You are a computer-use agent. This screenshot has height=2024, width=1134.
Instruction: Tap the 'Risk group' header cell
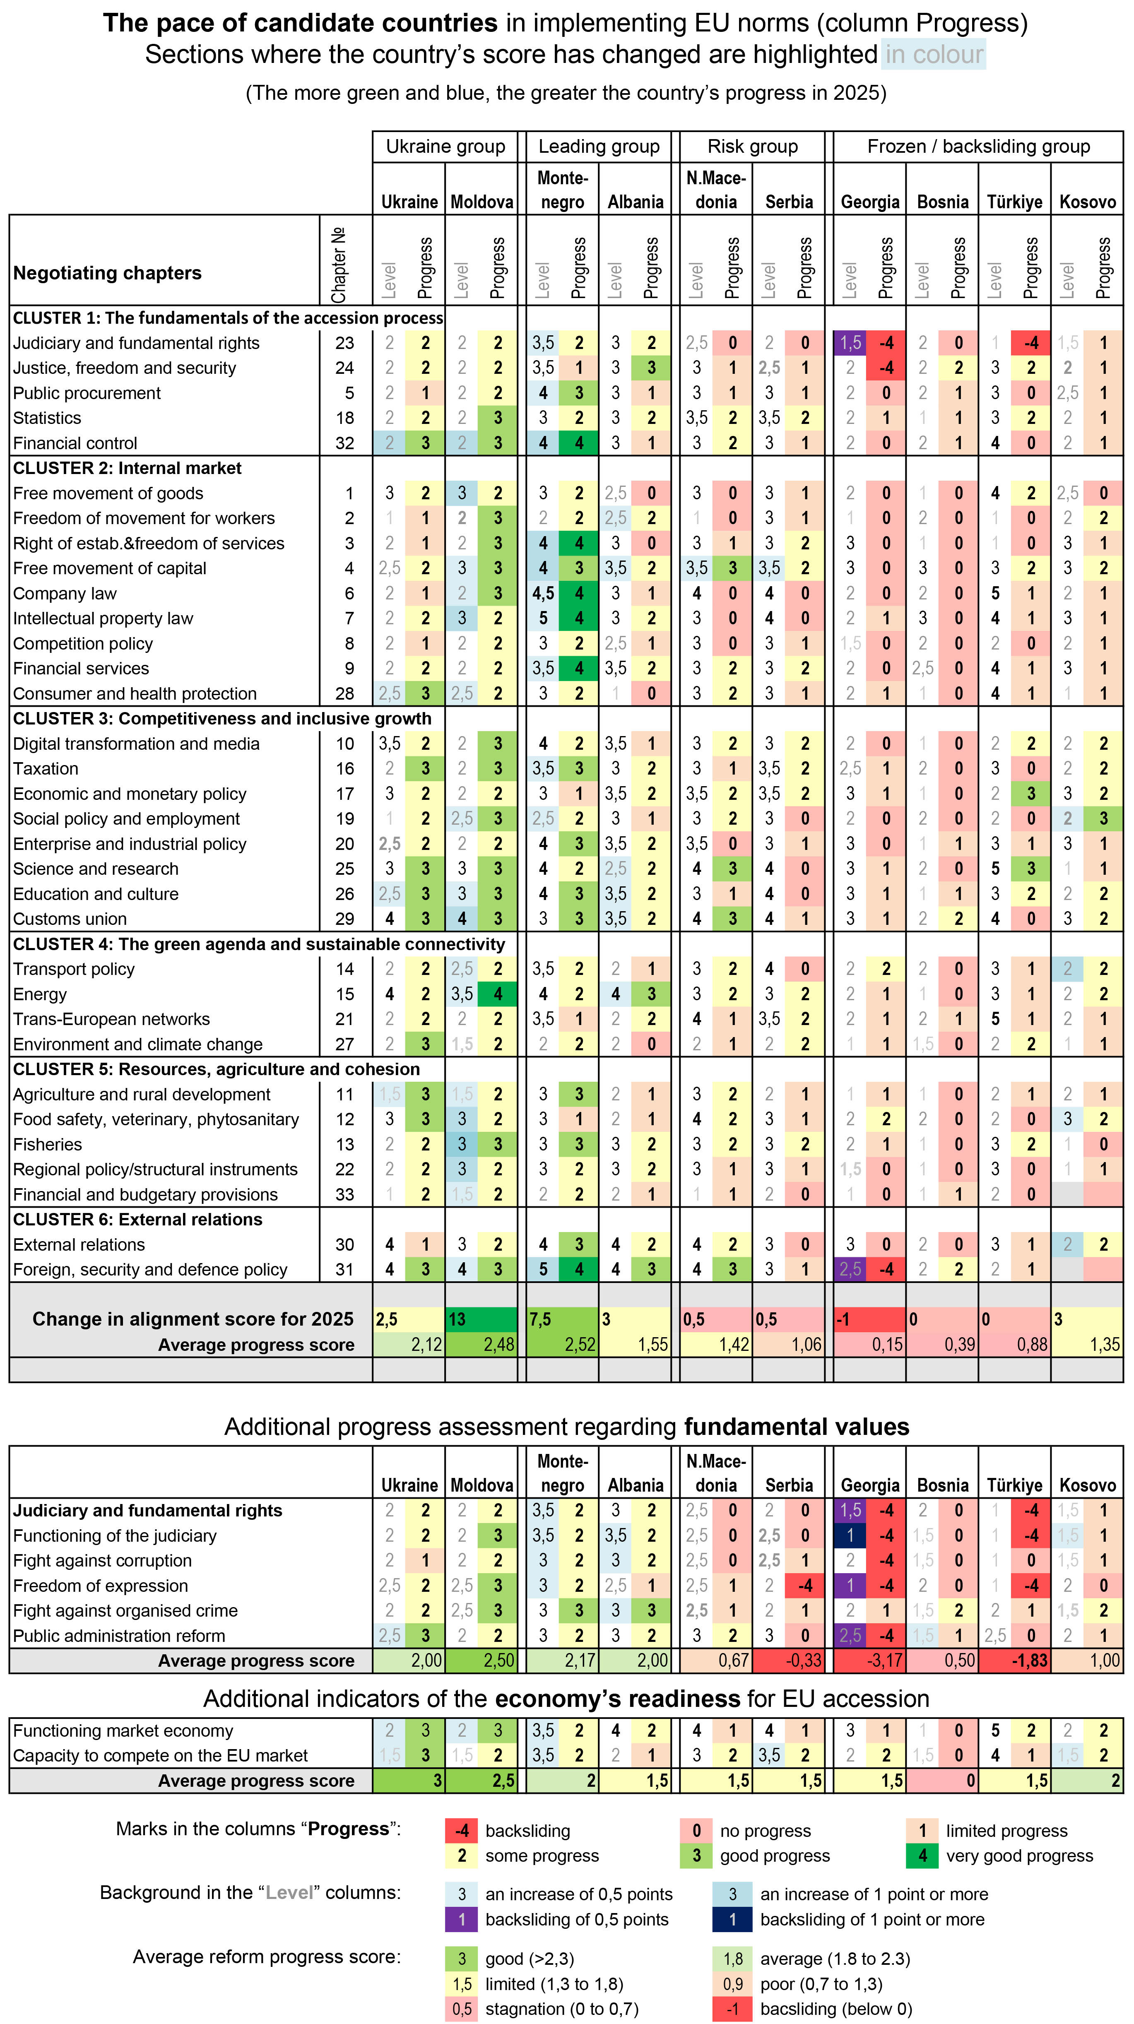pos(752,146)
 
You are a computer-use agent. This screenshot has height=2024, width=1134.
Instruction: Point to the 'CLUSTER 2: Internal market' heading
pos(127,468)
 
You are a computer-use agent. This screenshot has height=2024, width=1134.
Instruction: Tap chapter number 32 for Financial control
pos(344,443)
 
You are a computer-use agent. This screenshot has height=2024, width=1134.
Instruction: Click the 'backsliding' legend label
pos(527,1831)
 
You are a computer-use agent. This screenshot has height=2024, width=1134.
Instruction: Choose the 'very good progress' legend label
pos(1019,1856)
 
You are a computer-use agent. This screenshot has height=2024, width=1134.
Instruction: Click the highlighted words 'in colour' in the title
pos(934,54)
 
